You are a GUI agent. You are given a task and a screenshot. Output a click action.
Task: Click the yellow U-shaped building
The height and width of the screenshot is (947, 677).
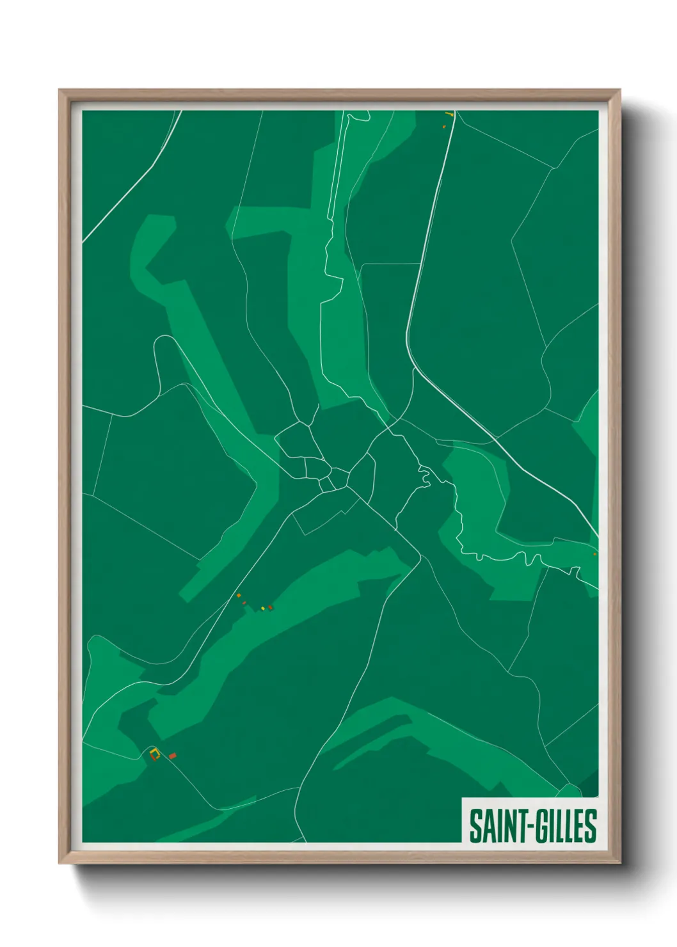tap(154, 753)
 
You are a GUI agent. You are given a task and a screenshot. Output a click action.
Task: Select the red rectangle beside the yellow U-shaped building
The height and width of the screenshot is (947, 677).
tap(172, 756)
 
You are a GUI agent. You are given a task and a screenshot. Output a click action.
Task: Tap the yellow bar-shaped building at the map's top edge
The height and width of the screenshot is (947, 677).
tap(449, 115)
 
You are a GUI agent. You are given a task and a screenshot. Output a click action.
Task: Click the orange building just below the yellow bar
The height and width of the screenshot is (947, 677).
tap(443, 127)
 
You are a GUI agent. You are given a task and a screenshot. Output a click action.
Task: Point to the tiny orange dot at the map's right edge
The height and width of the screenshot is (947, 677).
tap(594, 554)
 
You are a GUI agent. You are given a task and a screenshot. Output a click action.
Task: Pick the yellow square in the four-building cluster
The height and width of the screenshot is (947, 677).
tap(262, 608)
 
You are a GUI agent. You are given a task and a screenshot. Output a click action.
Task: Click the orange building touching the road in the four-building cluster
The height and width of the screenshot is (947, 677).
tap(239, 596)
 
